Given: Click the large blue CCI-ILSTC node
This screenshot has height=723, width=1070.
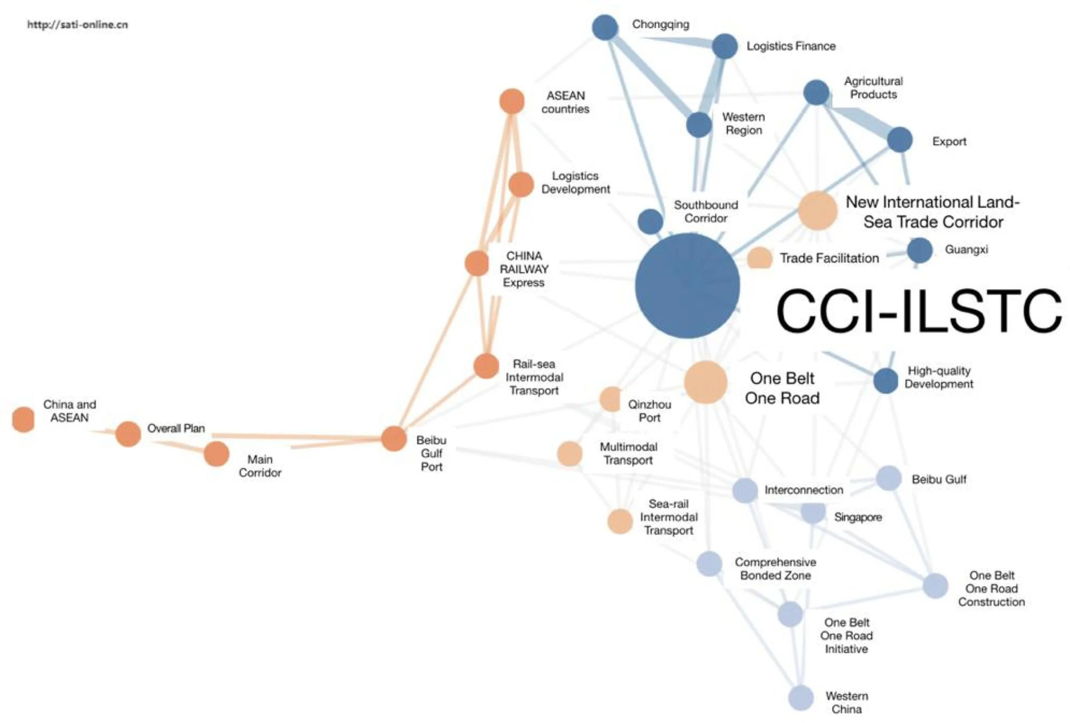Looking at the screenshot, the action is [687, 286].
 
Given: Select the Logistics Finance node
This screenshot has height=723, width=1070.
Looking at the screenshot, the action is [725, 46].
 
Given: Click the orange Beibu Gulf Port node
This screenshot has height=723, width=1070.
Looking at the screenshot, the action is [394, 438].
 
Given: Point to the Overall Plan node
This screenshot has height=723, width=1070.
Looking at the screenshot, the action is [128, 433].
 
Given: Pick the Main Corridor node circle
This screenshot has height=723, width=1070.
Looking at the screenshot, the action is [217, 454].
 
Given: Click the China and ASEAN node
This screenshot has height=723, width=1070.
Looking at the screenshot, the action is [23, 420].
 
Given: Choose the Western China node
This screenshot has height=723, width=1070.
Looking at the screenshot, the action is [801, 698].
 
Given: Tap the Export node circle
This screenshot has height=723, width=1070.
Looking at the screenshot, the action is [900, 140].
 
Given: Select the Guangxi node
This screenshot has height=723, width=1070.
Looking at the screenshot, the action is [919, 251].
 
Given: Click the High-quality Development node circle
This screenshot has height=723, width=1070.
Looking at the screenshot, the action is [886, 381].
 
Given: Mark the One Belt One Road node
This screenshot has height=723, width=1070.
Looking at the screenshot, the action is [705, 382].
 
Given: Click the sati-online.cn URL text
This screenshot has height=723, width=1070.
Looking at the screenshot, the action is [77, 24].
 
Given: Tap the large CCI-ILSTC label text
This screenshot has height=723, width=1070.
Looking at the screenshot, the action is [918, 310].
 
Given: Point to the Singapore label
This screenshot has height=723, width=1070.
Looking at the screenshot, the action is [858, 517].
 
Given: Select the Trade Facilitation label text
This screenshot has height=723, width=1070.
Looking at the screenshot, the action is [829, 258].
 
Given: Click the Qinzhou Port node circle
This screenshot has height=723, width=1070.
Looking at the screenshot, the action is [610, 399].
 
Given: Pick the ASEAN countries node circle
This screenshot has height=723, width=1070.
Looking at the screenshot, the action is [512, 101].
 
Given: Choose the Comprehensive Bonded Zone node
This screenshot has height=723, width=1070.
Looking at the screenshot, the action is [709, 563].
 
